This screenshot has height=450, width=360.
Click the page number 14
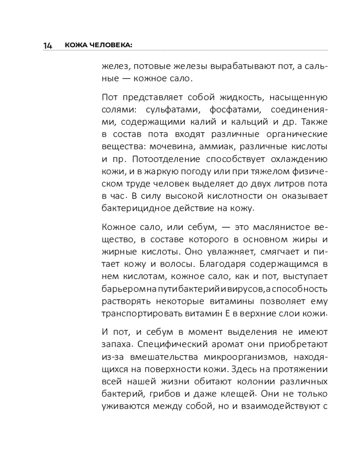coord(48,45)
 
